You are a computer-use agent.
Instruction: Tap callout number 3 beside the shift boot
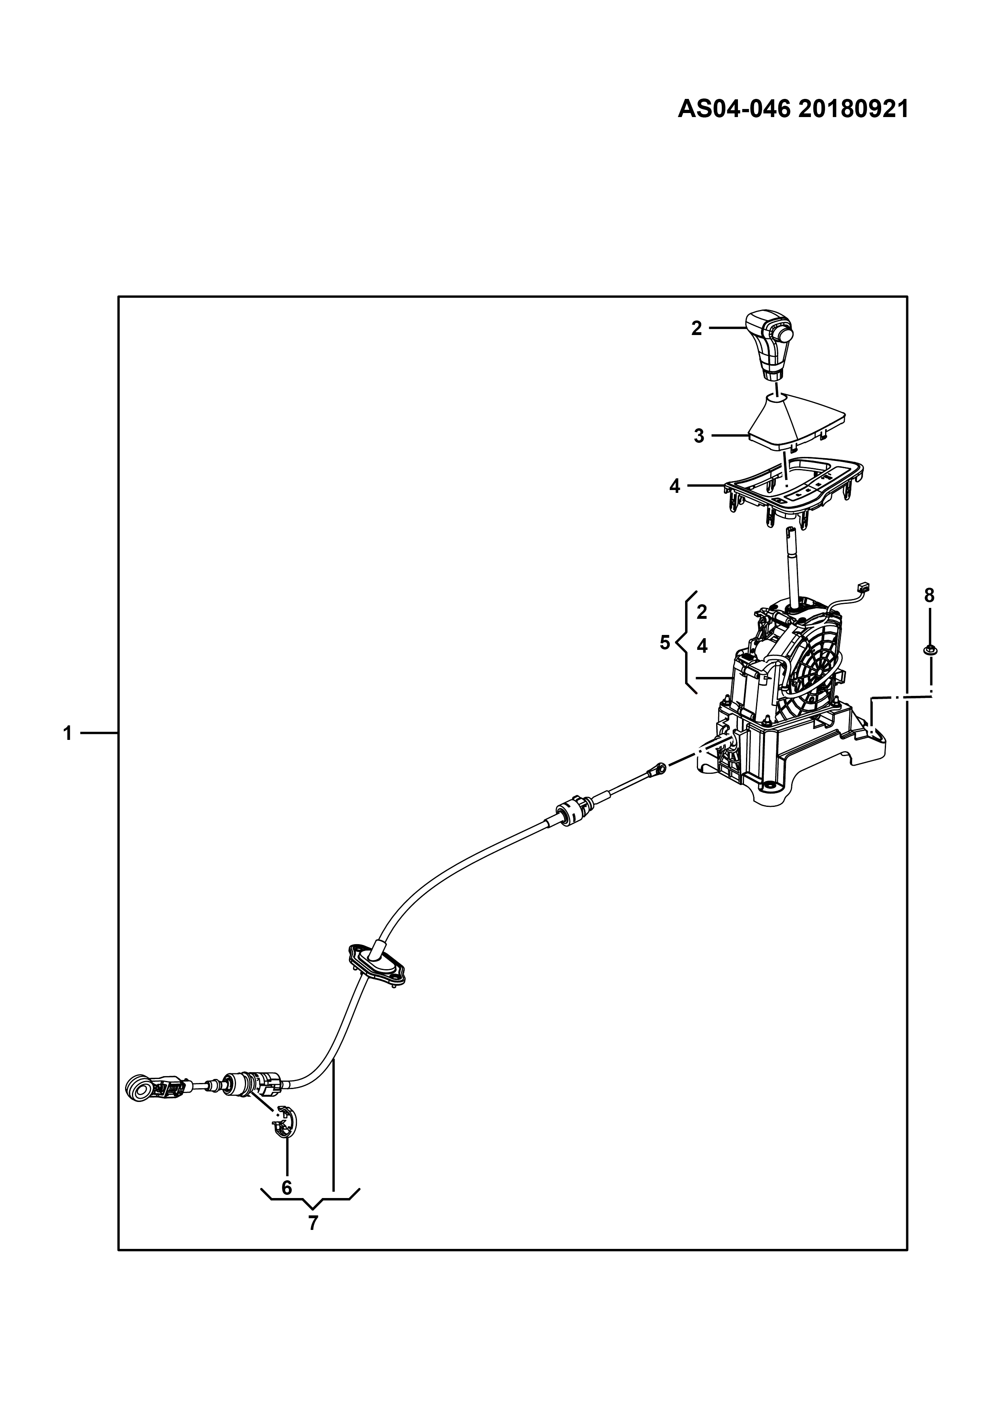tap(698, 436)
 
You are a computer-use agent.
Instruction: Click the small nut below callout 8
tap(930, 649)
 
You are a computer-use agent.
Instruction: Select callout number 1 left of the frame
tap(68, 733)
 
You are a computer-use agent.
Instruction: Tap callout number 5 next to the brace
tap(665, 643)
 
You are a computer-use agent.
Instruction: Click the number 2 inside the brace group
tap(702, 612)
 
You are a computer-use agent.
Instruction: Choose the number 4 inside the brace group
tap(702, 646)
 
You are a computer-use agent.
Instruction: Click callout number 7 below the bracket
tap(313, 1223)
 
